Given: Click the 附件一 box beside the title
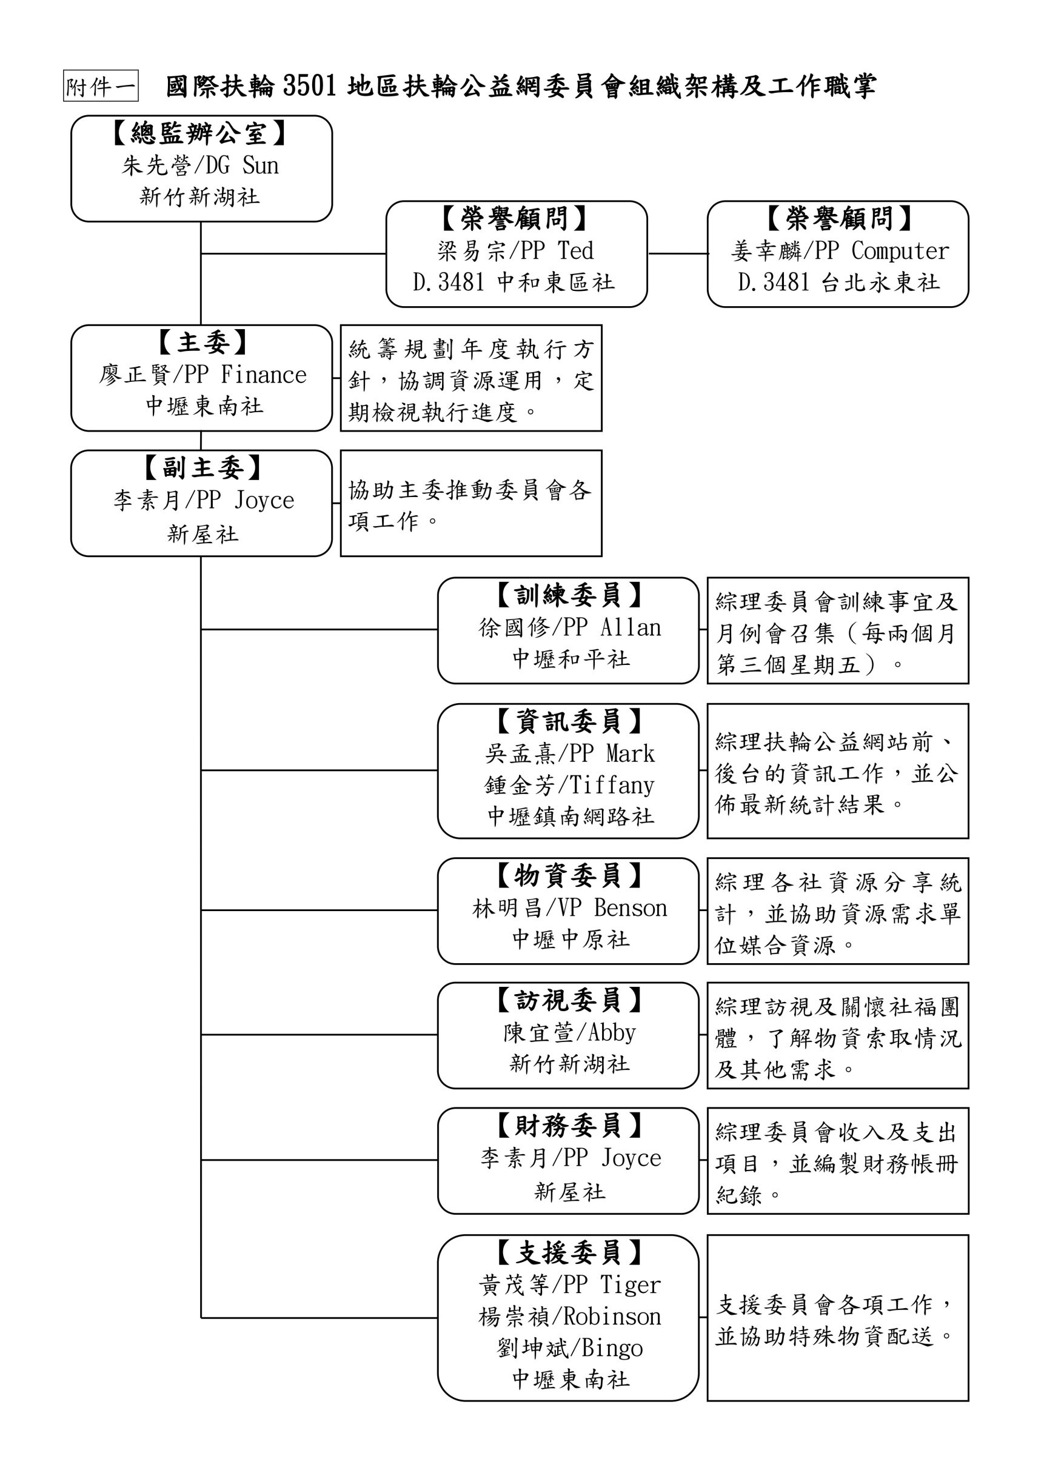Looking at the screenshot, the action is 101,86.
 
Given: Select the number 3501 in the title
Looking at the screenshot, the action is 309,86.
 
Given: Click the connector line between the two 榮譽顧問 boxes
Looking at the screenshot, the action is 678,253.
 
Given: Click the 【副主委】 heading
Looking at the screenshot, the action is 202,468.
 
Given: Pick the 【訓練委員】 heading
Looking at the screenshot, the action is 568,595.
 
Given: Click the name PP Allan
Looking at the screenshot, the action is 613,627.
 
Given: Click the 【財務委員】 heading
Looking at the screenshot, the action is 568,1126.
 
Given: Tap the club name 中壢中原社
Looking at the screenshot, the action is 571,939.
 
